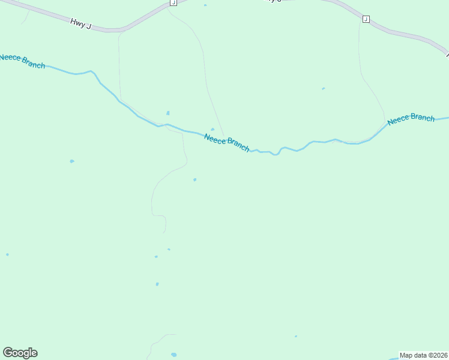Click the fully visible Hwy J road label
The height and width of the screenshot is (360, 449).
(80, 23)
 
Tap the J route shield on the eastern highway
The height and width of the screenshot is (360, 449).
(366, 19)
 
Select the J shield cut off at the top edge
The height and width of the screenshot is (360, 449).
(173, 2)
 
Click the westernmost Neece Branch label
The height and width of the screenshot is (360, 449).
(22, 61)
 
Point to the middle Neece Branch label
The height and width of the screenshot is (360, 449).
(226, 142)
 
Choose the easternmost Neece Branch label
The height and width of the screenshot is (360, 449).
(411, 119)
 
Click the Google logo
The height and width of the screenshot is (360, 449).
(20, 353)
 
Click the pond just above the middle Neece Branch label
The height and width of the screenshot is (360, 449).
(212, 128)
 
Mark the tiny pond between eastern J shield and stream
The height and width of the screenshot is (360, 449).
(323, 89)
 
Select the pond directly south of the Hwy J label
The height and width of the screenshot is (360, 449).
(72, 161)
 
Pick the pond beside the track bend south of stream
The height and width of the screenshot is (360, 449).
(194, 179)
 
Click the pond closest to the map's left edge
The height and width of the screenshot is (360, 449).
(7, 254)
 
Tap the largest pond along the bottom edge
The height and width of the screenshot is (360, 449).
(174, 355)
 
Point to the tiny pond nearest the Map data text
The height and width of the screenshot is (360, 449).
(295, 336)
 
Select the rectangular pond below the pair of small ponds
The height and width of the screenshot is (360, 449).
(157, 284)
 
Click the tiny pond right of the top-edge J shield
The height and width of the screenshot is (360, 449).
(205, 5)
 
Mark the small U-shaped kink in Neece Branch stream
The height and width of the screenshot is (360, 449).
(275, 154)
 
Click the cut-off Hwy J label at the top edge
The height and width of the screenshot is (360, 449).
(273, 1)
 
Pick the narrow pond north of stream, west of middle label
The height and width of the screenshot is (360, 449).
(167, 113)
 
